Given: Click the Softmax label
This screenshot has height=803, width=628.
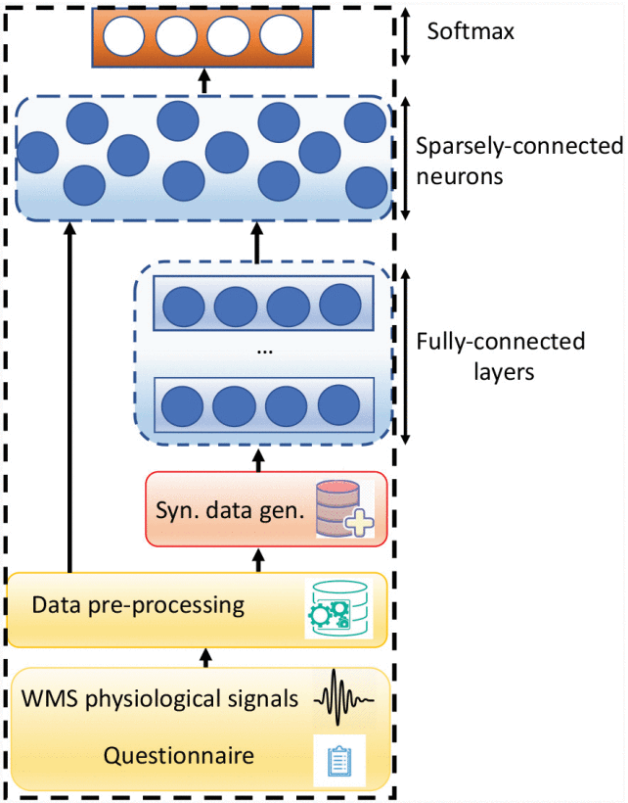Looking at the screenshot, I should (471, 31).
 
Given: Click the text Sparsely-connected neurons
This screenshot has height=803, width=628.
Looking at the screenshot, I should (518, 162).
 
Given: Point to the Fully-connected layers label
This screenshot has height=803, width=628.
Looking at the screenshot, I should (500, 356).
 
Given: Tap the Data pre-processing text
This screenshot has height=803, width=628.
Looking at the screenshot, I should (138, 604).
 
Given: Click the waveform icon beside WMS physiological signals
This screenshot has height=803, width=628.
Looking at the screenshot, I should (343, 699).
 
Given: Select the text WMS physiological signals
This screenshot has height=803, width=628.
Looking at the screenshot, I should (160, 699).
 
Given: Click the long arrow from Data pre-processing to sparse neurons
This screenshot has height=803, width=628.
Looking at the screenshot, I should (69, 392).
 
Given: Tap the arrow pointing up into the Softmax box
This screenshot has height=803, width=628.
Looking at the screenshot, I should (203, 79).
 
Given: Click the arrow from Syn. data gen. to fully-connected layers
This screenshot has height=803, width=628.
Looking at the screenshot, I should (258, 456).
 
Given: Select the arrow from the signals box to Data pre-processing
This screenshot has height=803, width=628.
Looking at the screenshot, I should (204, 657).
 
